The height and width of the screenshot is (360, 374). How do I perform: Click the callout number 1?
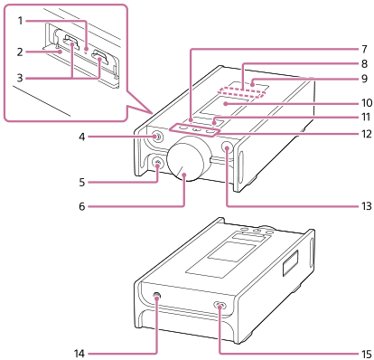(20, 21)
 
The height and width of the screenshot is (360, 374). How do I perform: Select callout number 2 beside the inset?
(20, 52)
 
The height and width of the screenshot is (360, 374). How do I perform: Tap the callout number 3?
(20, 78)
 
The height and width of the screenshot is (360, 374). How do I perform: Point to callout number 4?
(82, 137)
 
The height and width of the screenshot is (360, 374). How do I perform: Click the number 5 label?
(82, 182)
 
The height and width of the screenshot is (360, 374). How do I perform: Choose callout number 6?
(82, 206)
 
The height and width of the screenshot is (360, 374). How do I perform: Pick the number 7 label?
(364, 49)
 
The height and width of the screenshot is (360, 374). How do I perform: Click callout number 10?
(367, 103)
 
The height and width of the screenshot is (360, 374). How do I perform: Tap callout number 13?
(367, 206)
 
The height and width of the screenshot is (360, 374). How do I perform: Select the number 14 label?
(79, 354)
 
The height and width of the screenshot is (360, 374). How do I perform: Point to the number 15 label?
(367, 354)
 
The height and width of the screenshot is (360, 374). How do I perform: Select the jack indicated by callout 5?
(157, 163)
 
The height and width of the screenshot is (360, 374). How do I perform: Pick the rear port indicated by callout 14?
(157, 298)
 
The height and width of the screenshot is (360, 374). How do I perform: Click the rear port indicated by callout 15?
(220, 307)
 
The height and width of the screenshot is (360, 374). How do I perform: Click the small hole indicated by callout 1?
(85, 50)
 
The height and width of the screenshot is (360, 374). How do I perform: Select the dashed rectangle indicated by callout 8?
(242, 91)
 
